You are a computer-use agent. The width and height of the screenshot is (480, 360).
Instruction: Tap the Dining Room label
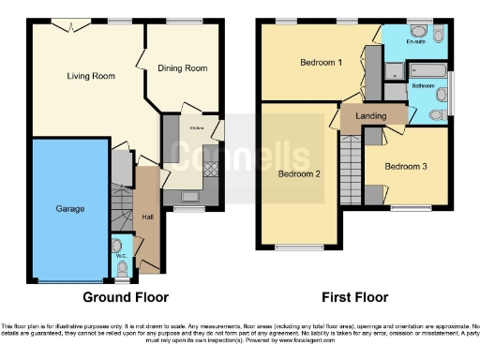click(183, 68)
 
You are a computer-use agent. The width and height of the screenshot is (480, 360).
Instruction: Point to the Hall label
click(147, 217)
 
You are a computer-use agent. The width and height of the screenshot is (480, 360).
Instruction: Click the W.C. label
click(121, 254)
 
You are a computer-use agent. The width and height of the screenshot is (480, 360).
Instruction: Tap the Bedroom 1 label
click(321, 63)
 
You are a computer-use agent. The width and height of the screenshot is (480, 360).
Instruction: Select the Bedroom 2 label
click(298, 174)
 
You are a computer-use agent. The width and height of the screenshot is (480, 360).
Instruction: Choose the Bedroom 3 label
click(405, 166)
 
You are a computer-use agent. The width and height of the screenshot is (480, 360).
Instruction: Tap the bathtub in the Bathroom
click(427, 70)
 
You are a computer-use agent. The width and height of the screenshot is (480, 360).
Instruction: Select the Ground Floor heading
click(127, 297)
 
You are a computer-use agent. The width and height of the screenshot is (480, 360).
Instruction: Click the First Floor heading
click(354, 297)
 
